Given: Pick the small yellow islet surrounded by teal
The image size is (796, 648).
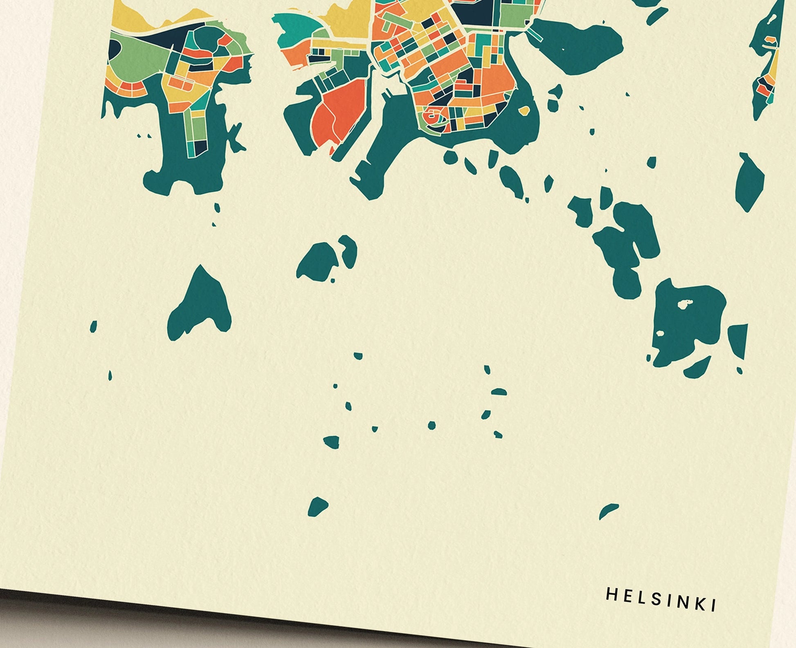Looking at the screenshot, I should [524, 111].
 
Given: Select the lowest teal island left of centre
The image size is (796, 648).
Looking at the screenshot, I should [318, 507].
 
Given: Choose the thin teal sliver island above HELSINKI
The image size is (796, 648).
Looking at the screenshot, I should [608, 511].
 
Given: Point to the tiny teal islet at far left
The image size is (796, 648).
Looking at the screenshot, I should [94, 326].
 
